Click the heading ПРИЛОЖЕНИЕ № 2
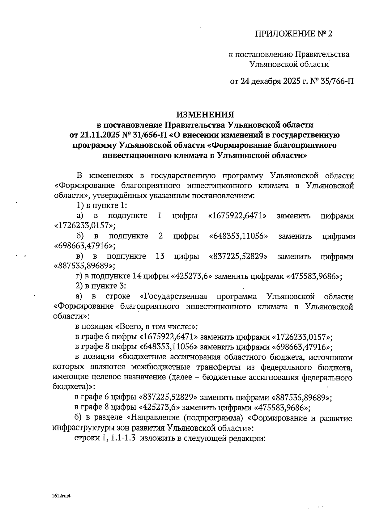click(x=293, y=34)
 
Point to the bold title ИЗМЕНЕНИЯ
click(x=205, y=115)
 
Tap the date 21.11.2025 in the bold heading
click(x=96, y=135)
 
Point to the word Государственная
click(x=173, y=297)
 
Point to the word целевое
click(x=105, y=378)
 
